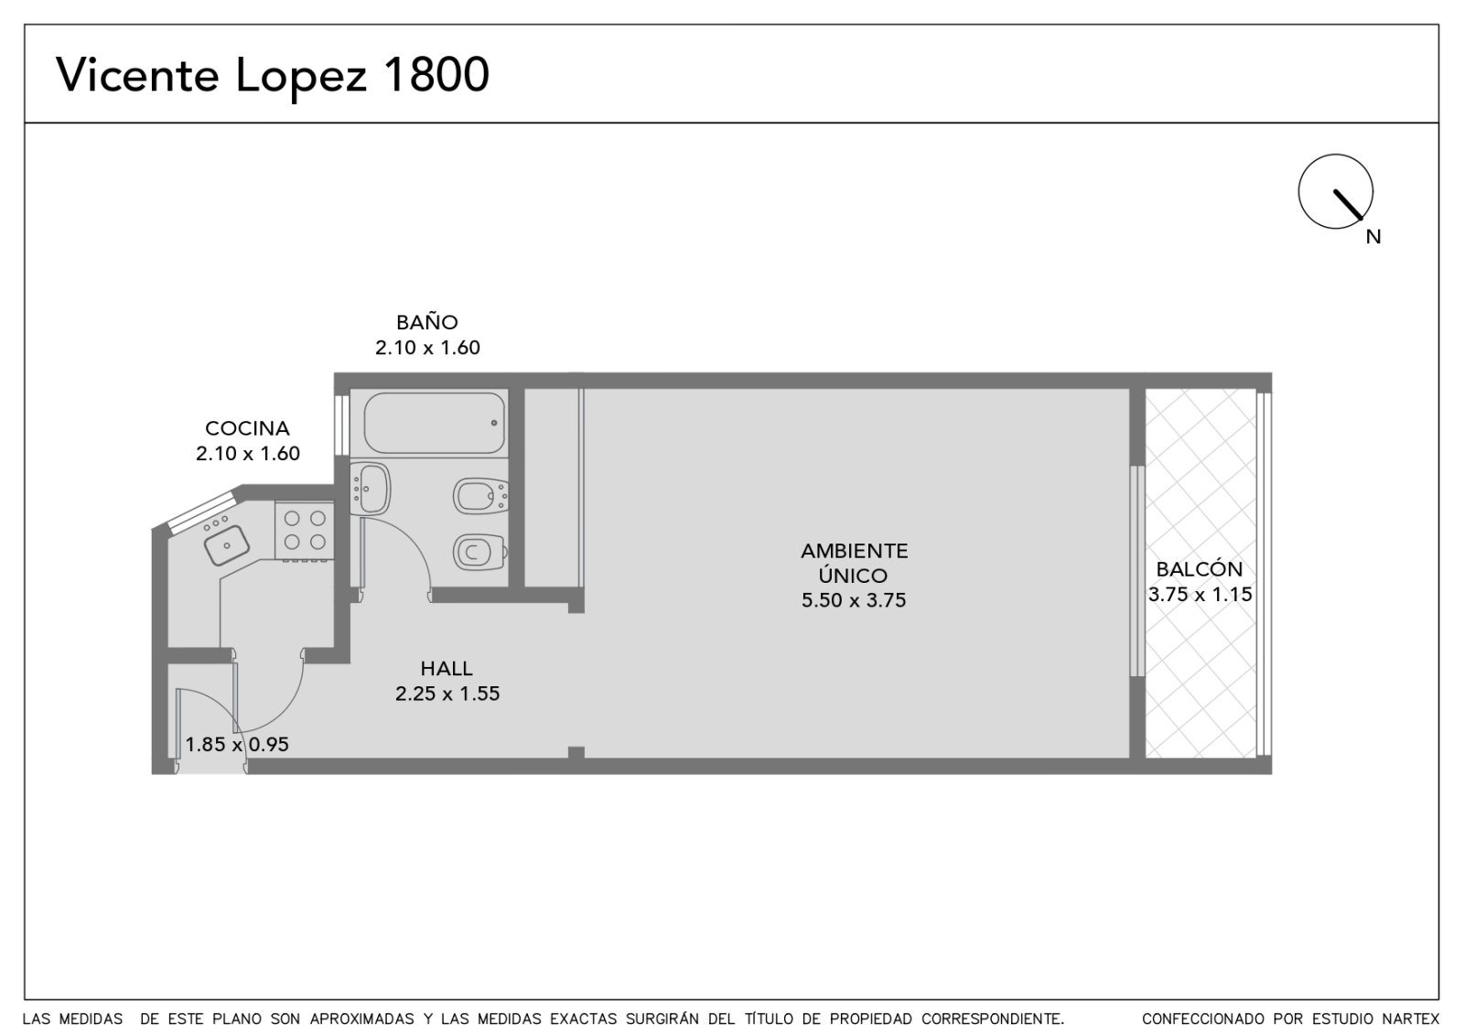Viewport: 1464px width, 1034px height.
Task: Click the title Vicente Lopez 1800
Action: click(273, 76)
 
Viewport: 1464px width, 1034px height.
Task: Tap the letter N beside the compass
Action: click(1373, 237)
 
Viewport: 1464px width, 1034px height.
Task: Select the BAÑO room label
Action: click(426, 322)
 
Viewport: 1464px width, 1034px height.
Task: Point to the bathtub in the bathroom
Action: click(435, 423)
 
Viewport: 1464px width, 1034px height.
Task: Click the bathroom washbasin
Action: click(371, 489)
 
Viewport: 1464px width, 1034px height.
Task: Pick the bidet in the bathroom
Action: click(481, 496)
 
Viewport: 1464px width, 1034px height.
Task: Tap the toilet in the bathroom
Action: click(481, 553)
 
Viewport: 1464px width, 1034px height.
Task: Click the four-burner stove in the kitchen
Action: click(305, 530)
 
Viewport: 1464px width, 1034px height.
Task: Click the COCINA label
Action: click(248, 428)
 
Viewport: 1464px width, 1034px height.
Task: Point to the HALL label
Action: click(447, 668)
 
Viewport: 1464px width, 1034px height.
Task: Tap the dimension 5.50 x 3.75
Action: click(854, 600)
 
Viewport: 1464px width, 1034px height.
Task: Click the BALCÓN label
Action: click(1200, 568)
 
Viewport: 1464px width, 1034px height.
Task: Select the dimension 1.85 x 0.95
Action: click(237, 745)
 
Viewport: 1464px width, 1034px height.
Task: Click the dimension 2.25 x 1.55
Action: click(447, 694)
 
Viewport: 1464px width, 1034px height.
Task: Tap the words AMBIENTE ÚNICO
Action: click(855, 563)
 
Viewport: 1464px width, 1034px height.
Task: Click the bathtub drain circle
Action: click(494, 423)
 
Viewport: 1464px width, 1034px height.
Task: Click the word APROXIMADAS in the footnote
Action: click(362, 1019)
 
